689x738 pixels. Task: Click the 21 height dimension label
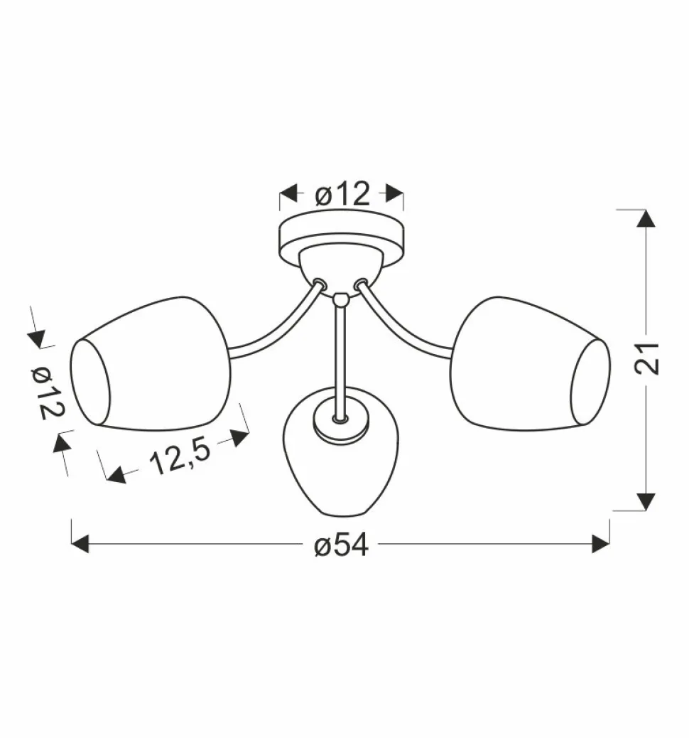click(x=648, y=358)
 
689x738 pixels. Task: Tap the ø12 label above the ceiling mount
click(x=342, y=193)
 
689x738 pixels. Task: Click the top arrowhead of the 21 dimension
click(x=646, y=218)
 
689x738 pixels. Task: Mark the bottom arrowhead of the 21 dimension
click(x=646, y=501)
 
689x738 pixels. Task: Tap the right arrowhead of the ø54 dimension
click(x=601, y=545)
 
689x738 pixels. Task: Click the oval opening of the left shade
click(x=90, y=384)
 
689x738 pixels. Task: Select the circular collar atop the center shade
click(x=342, y=425)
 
